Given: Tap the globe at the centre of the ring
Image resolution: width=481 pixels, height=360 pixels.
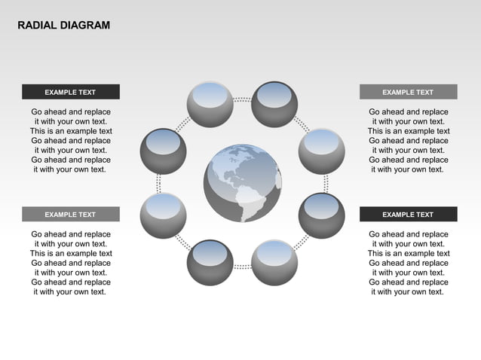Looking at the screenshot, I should (x=241, y=183).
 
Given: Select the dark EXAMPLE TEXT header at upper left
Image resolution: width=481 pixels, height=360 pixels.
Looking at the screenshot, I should (x=70, y=92).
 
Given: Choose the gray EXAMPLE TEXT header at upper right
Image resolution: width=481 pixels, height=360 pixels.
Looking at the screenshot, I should (x=408, y=92).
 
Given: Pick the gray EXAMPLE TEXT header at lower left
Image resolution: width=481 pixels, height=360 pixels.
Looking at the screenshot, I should (x=70, y=214).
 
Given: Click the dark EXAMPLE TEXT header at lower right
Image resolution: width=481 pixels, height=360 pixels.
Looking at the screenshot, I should (x=408, y=214).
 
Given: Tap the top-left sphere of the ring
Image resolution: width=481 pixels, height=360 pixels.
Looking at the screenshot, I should (x=210, y=105).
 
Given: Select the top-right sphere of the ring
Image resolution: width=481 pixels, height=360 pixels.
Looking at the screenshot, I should (x=274, y=105).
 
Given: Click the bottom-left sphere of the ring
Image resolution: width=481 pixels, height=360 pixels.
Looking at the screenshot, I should (x=210, y=263).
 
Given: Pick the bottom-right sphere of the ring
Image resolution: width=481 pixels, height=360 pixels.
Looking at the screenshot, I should (x=274, y=263).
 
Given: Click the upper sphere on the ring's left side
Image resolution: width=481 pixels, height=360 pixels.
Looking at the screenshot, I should (x=163, y=151).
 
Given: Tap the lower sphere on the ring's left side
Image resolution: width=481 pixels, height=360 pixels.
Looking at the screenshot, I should (x=163, y=215).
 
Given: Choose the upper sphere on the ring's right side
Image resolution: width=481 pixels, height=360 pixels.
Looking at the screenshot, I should (x=322, y=151).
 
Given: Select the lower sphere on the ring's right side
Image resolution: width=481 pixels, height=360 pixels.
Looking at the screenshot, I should (x=322, y=215).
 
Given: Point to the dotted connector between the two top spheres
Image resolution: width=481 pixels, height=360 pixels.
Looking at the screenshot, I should (x=242, y=99).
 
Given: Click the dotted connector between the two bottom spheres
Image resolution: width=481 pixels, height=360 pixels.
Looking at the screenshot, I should (x=242, y=267).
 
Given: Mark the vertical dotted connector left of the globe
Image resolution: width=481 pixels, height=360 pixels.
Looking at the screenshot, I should (x=158, y=183).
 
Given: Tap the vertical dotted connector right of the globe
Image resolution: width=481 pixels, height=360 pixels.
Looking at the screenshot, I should (x=326, y=183).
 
